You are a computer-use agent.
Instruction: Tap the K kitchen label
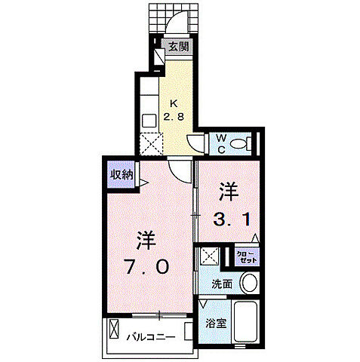(x=174, y=103)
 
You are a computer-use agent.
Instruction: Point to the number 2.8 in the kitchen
(x=174, y=116)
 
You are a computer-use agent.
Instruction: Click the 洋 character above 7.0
(x=146, y=242)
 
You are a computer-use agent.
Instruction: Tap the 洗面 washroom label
(x=222, y=284)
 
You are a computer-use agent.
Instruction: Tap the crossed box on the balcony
(x=115, y=331)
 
